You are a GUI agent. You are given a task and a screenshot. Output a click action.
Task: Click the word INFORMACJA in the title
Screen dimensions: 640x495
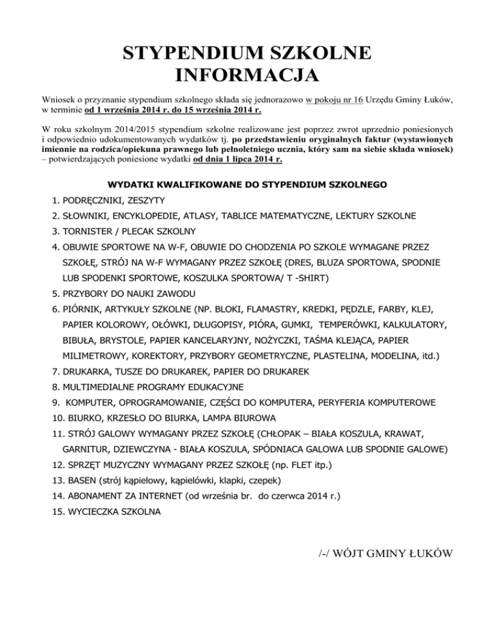247,75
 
